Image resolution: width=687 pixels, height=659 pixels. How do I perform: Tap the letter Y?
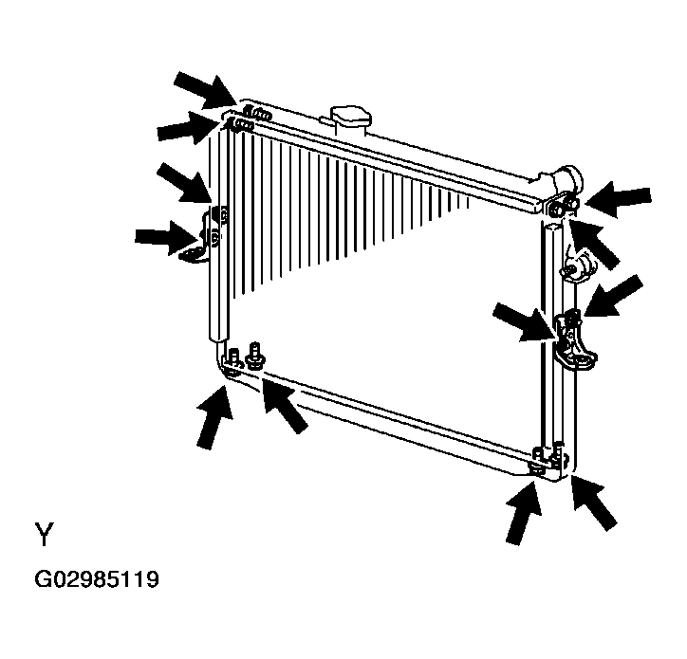point(44,534)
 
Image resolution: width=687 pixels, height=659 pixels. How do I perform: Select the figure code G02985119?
point(97,579)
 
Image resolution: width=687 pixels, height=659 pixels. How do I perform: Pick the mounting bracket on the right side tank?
point(575,340)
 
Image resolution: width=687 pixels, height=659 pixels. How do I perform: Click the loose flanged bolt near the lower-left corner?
point(254,357)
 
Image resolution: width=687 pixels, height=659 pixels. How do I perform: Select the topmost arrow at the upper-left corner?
point(205,90)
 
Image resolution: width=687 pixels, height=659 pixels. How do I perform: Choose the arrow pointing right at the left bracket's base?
point(166,237)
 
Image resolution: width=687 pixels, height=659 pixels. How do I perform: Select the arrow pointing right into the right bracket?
point(525,322)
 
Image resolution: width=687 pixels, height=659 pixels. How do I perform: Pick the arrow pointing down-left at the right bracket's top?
point(613,296)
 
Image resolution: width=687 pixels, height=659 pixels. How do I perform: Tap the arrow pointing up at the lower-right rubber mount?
point(524,513)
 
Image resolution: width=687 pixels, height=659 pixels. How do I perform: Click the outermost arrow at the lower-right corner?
point(594,503)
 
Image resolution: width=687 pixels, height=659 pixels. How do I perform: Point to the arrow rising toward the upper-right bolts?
point(594,244)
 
